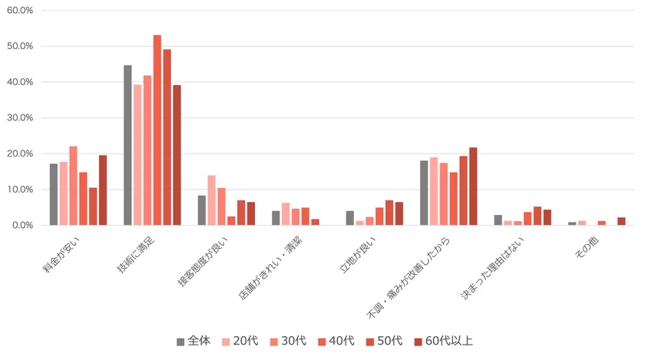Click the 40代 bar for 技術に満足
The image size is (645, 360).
[157, 130]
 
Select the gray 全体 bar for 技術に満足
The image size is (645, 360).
[127, 146]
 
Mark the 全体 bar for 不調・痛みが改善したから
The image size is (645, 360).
[424, 193]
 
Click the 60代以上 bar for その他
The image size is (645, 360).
[621, 221]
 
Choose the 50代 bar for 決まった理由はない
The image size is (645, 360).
[537, 216]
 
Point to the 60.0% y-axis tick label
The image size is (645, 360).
[20, 11]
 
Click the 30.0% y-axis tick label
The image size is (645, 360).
[20, 118]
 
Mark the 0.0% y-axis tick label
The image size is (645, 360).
[21, 226]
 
